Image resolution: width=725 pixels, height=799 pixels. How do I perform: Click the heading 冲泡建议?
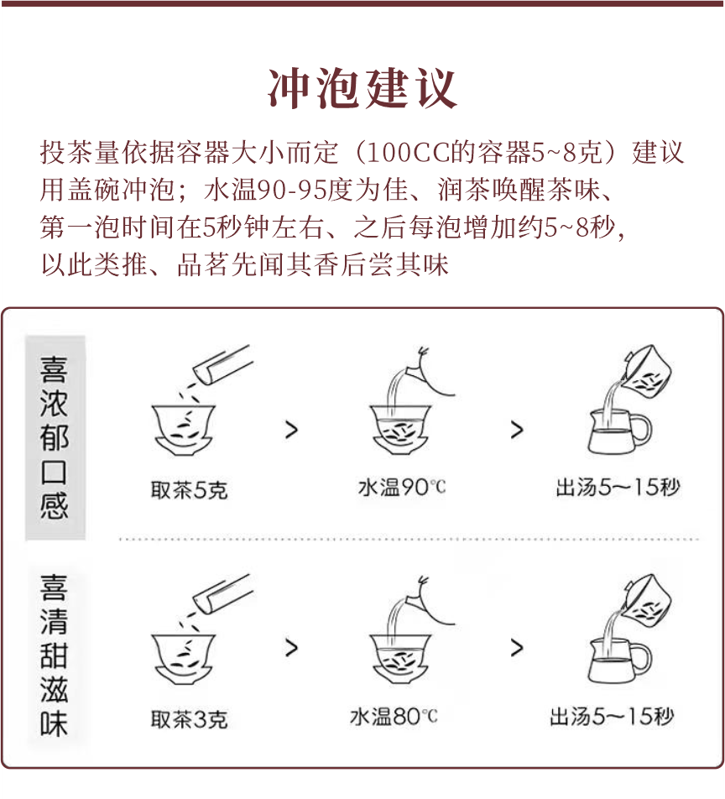tap(362, 87)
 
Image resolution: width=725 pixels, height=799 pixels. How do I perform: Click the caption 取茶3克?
tap(189, 719)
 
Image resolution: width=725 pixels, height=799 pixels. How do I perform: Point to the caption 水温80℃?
tap(394, 717)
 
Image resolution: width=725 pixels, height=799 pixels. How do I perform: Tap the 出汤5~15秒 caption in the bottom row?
tap(612, 717)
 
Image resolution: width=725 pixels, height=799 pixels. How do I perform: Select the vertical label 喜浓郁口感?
tap(55, 438)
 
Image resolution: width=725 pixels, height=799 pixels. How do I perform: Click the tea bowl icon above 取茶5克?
tap(183, 424)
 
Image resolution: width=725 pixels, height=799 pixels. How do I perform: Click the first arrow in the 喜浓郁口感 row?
tap(291, 430)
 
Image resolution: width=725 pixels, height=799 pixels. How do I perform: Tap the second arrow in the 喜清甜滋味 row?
tap(517, 648)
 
